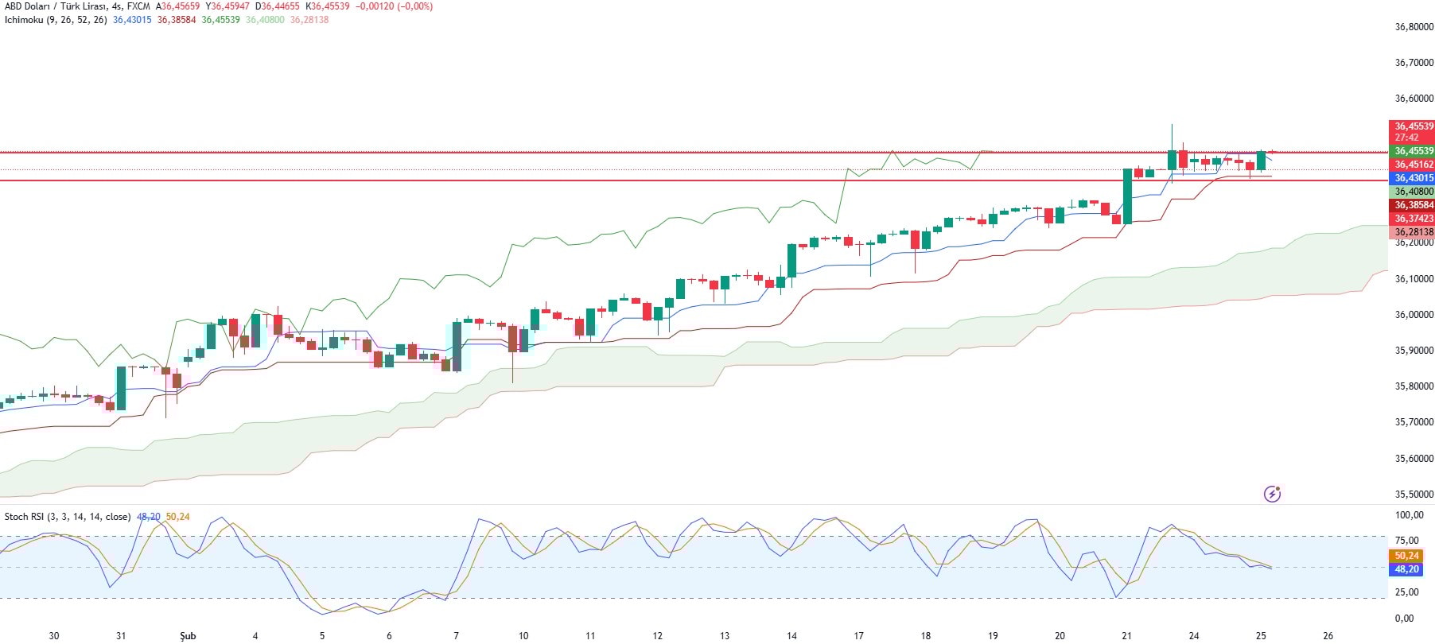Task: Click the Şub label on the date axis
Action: coord(188,636)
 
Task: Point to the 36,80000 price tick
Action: coord(1414,27)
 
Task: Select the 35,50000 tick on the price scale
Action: coord(1414,495)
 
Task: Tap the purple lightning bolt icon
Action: coord(1272,494)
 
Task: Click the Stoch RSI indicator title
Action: coord(68,517)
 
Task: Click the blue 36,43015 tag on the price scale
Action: coord(1414,178)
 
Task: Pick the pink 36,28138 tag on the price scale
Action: coord(1414,232)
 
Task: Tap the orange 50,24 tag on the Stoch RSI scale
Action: coord(1406,556)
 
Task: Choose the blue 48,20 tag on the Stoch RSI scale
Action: coord(1406,569)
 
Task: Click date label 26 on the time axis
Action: coord(1328,636)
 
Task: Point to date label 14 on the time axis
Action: coord(791,636)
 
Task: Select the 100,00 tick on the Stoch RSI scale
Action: coord(1410,515)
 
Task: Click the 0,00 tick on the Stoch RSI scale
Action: coord(1405,619)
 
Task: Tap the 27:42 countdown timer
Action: coord(1406,138)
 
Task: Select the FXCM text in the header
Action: coord(138,6)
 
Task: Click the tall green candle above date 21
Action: coord(1127,196)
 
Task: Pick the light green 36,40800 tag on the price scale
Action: coord(1414,192)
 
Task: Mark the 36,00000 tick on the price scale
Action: coord(1414,315)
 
